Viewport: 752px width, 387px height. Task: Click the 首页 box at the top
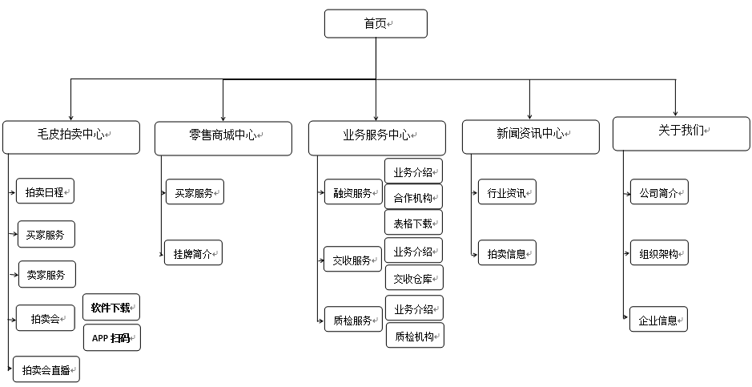376,24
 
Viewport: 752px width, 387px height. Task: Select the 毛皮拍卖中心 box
70,136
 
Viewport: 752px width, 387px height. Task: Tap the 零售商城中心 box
223,136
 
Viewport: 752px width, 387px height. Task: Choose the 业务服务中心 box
376,137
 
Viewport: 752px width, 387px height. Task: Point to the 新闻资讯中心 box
530,136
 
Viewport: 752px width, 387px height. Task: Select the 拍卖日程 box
46,192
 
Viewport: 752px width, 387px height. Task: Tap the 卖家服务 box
46,275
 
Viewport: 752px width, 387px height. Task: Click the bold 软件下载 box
111,308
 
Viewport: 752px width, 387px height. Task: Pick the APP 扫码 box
112,338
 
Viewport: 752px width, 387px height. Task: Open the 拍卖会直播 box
47,370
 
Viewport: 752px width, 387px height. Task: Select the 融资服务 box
353,193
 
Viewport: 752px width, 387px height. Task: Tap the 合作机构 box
413,196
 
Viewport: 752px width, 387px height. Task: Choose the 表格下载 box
413,223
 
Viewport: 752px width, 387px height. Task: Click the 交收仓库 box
414,278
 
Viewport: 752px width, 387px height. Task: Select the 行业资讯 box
507,192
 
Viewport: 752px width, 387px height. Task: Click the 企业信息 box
658,320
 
